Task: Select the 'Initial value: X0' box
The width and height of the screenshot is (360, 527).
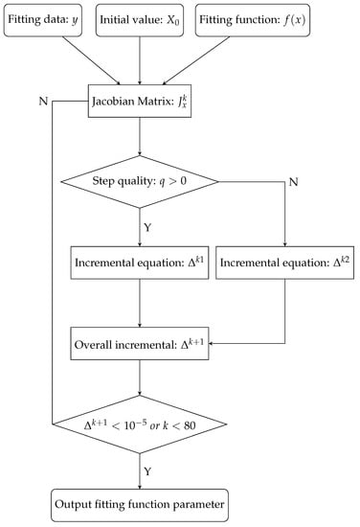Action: [140, 21]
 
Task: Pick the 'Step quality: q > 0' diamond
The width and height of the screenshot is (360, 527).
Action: [140, 180]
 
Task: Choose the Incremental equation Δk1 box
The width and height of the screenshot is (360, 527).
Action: [140, 260]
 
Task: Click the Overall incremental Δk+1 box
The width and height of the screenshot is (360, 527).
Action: [140, 340]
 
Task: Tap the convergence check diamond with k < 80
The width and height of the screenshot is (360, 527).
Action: [140, 420]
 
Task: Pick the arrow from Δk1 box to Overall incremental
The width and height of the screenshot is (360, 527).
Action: [140, 300]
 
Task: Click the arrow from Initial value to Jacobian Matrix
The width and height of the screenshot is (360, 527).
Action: [140, 59]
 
